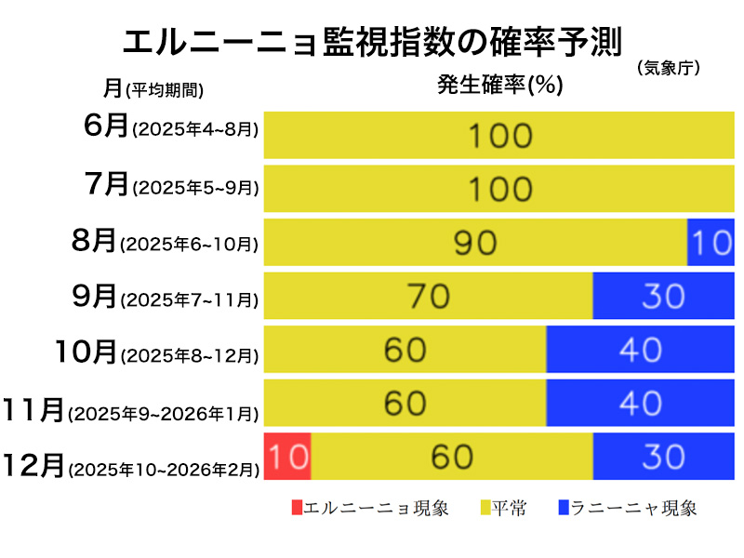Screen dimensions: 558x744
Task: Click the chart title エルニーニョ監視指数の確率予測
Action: click(372, 43)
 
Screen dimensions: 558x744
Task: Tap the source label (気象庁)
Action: click(669, 68)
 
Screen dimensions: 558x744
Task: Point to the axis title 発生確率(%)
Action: click(500, 86)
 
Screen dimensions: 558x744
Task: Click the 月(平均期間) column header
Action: click(153, 89)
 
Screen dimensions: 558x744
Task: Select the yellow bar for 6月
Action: click(499, 136)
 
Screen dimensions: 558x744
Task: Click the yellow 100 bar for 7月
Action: click(499, 189)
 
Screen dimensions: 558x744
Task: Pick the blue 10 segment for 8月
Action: click(711, 243)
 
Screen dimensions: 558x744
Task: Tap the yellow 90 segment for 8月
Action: click(475, 243)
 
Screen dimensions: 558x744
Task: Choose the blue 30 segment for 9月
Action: click(663, 296)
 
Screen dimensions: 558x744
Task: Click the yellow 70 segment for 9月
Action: click(428, 296)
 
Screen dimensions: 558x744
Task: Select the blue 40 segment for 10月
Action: click(640, 350)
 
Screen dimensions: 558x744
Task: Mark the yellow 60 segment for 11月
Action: click(405, 403)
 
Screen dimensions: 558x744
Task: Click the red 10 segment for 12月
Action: click(287, 457)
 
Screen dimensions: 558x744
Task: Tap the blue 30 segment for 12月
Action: click(663, 457)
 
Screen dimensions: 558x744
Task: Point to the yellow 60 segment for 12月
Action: click(452, 457)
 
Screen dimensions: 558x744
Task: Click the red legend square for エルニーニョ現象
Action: click(298, 508)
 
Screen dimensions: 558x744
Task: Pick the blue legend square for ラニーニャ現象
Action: click(564, 508)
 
